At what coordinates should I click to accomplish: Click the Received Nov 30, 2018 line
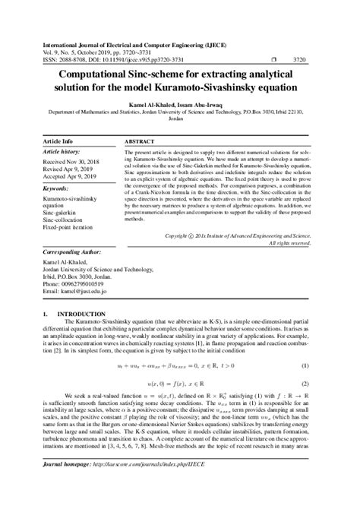point(75,163)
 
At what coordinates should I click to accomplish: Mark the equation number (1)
point(305,386)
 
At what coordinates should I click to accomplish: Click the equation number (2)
point(305,406)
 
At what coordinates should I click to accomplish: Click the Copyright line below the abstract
point(239,236)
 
